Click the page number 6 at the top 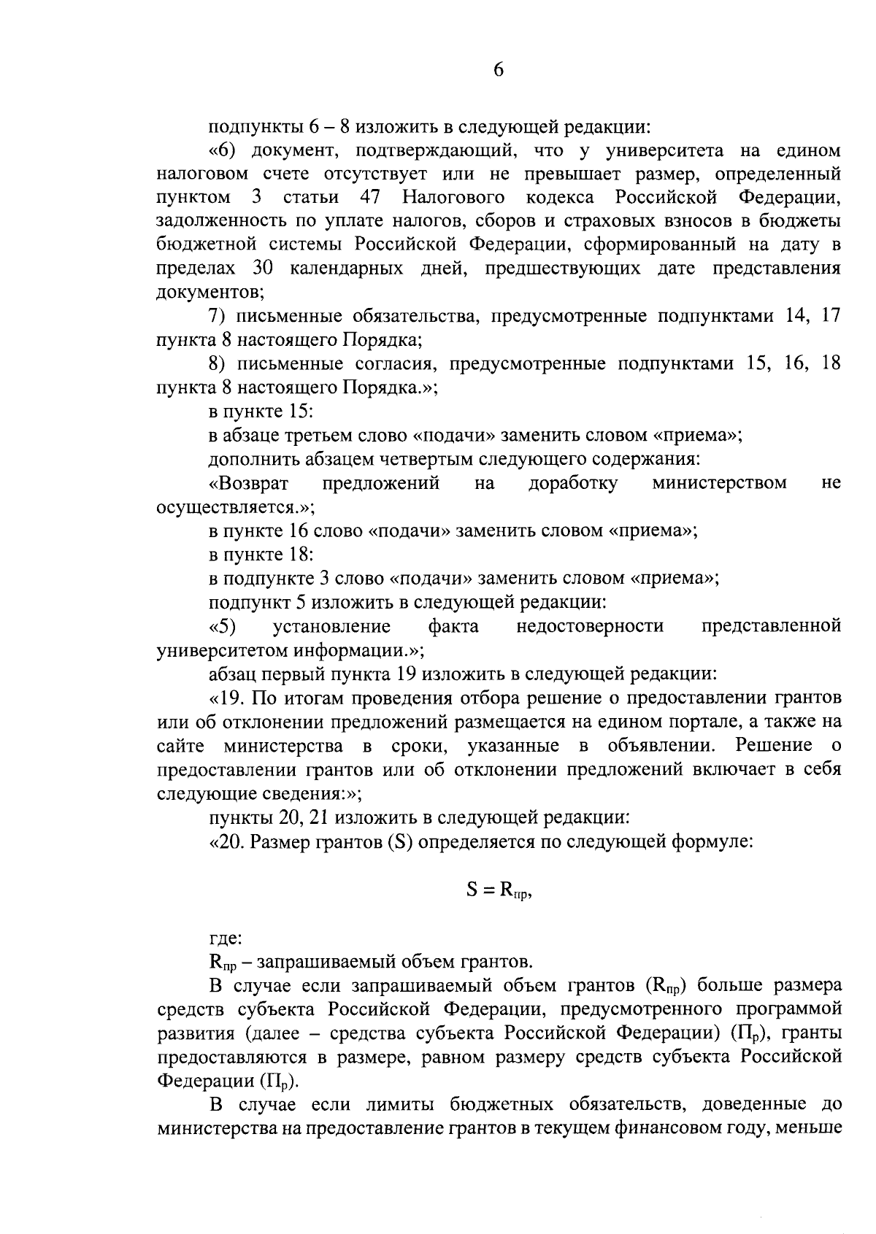click(x=499, y=70)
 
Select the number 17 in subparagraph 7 click(x=831, y=316)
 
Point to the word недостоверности click(x=590, y=626)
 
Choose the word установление click(x=331, y=626)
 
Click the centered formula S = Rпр click(x=499, y=890)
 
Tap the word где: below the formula click(x=225, y=938)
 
